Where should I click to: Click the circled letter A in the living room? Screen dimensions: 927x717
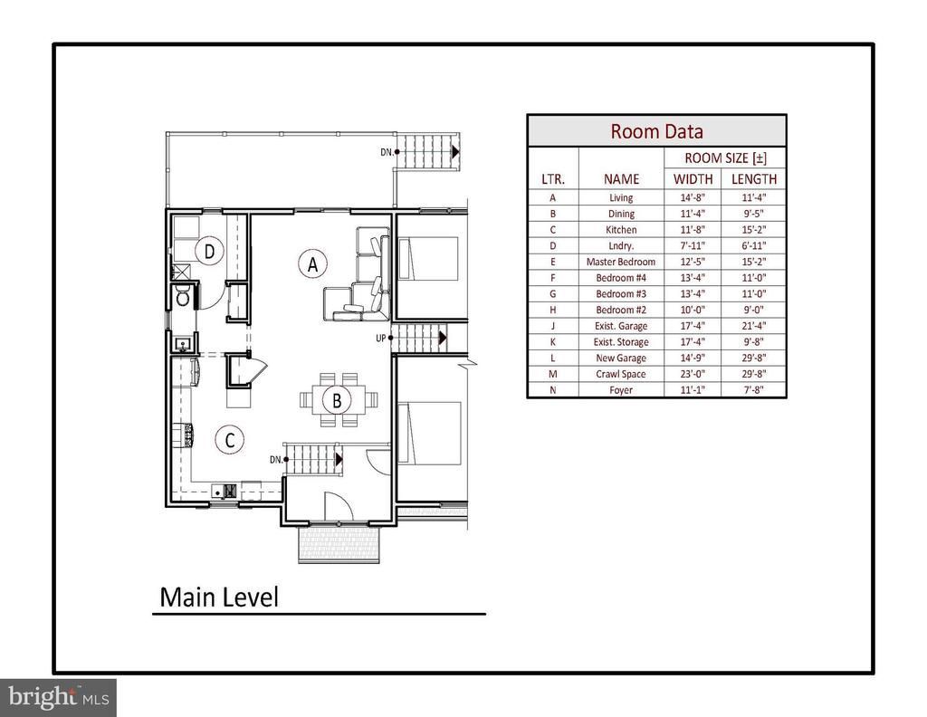click(312, 263)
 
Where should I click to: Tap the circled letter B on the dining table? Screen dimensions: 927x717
click(337, 401)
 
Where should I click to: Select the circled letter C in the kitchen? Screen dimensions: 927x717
click(230, 440)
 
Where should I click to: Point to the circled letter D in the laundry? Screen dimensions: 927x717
click(209, 253)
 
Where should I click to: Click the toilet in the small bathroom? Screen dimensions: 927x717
click(183, 297)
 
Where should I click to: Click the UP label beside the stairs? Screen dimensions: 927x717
click(381, 338)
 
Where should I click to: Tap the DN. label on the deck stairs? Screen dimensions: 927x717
click(387, 152)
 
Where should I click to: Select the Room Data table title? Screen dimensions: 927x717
click(657, 131)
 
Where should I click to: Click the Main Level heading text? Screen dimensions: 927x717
click(219, 597)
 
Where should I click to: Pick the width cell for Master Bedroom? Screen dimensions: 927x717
click(693, 262)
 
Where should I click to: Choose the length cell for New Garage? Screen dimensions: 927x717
click(754, 358)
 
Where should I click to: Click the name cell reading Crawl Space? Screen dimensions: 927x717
click(621, 374)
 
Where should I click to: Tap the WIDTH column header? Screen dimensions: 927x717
click(693, 178)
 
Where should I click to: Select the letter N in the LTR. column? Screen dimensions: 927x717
click(553, 390)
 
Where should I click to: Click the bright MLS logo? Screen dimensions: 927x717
click(58, 697)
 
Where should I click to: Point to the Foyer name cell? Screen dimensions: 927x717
click(621, 390)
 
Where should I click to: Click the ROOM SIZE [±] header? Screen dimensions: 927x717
click(725, 158)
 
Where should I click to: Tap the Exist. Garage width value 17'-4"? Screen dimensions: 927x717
click(693, 326)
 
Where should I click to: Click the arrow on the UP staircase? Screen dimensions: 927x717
click(442, 338)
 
